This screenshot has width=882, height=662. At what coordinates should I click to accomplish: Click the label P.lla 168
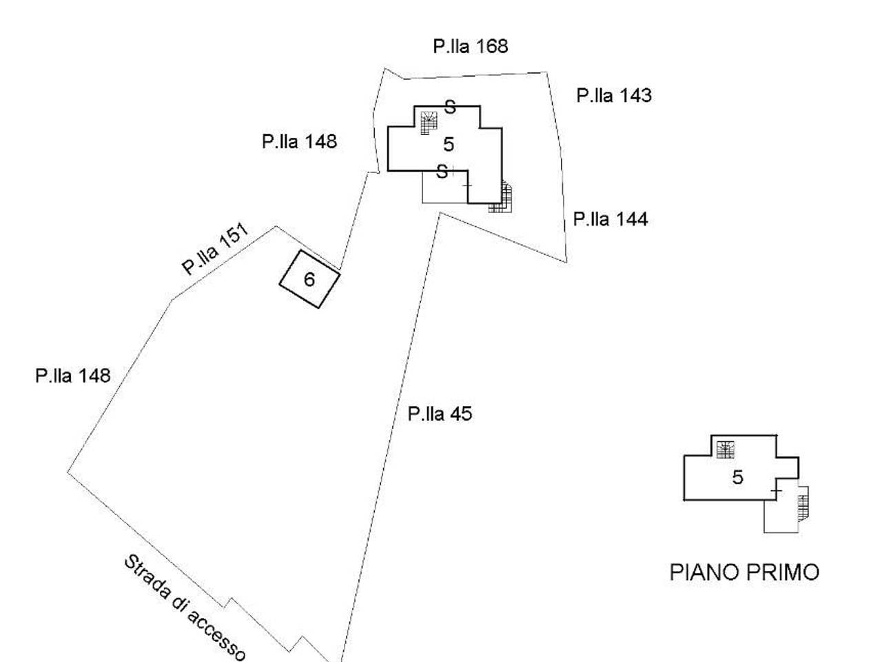pos(470,46)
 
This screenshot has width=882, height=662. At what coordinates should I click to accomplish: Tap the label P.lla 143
pos(613,96)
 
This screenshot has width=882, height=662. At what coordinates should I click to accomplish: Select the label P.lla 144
pos(611,219)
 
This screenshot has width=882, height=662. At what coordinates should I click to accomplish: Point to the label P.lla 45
pos(440,414)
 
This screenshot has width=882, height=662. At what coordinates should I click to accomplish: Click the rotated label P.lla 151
pos(215,249)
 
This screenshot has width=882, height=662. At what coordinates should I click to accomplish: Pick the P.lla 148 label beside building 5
pos(299,141)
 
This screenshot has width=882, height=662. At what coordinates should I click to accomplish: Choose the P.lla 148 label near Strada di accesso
pos(73,376)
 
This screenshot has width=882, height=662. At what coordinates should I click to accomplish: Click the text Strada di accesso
pos(185,608)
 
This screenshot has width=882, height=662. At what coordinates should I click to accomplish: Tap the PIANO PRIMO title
pos(744,572)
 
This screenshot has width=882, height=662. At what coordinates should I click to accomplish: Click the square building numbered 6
pos(309,279)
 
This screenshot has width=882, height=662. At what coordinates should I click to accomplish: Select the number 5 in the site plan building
pos(449,144)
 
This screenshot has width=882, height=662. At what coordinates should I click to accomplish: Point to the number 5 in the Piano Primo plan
pos(738,477)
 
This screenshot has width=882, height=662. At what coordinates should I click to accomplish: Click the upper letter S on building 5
pos(450,108)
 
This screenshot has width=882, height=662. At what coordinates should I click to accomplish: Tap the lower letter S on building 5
pos(442,172)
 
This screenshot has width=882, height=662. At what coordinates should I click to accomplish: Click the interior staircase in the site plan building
pos(429,123)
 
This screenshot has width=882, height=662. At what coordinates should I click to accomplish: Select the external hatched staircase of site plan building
pos(501,197)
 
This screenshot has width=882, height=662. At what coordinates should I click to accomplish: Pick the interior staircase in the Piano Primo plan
pos(726,450)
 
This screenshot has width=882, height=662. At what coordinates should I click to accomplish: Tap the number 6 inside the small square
pos(309,279)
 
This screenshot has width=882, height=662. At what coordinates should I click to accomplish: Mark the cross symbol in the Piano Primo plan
pos(776,491)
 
